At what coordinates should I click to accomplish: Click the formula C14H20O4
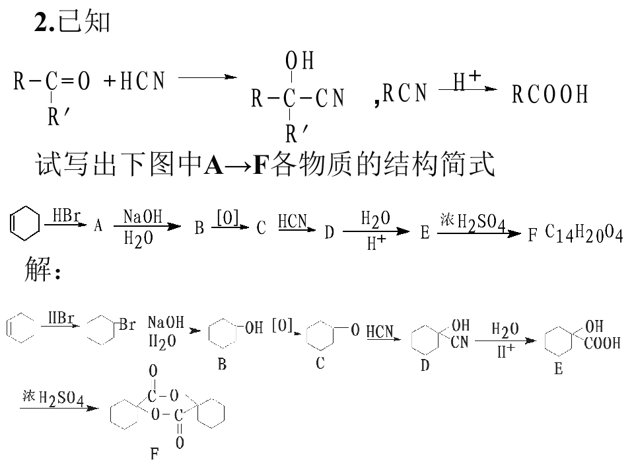(x=584, y=233)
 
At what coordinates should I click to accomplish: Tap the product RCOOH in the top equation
(x=549, y=95)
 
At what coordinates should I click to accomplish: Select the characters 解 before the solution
(x=37, y=269)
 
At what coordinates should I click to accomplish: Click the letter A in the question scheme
(x=98, y=226)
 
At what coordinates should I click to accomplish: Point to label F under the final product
(x=155, y=454)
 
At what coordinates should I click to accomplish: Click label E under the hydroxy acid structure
(x=559, y=369)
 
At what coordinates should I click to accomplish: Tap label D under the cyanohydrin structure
(x=425, y=366)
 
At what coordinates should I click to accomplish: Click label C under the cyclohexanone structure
(x=320, y=363)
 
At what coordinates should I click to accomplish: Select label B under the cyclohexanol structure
(x=222, y=364)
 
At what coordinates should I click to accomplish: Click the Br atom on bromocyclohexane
(x=127, y=325)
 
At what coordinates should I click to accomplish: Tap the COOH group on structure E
(x=602, y=344)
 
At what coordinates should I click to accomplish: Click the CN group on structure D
(x=460, y=342)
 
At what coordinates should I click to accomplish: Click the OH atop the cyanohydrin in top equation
(x=300, y=61)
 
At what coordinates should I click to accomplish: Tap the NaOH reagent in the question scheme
(x=143, y=217)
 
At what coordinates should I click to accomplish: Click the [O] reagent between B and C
(x=228, y=218)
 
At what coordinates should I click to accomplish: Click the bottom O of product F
(x=180, y=442)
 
